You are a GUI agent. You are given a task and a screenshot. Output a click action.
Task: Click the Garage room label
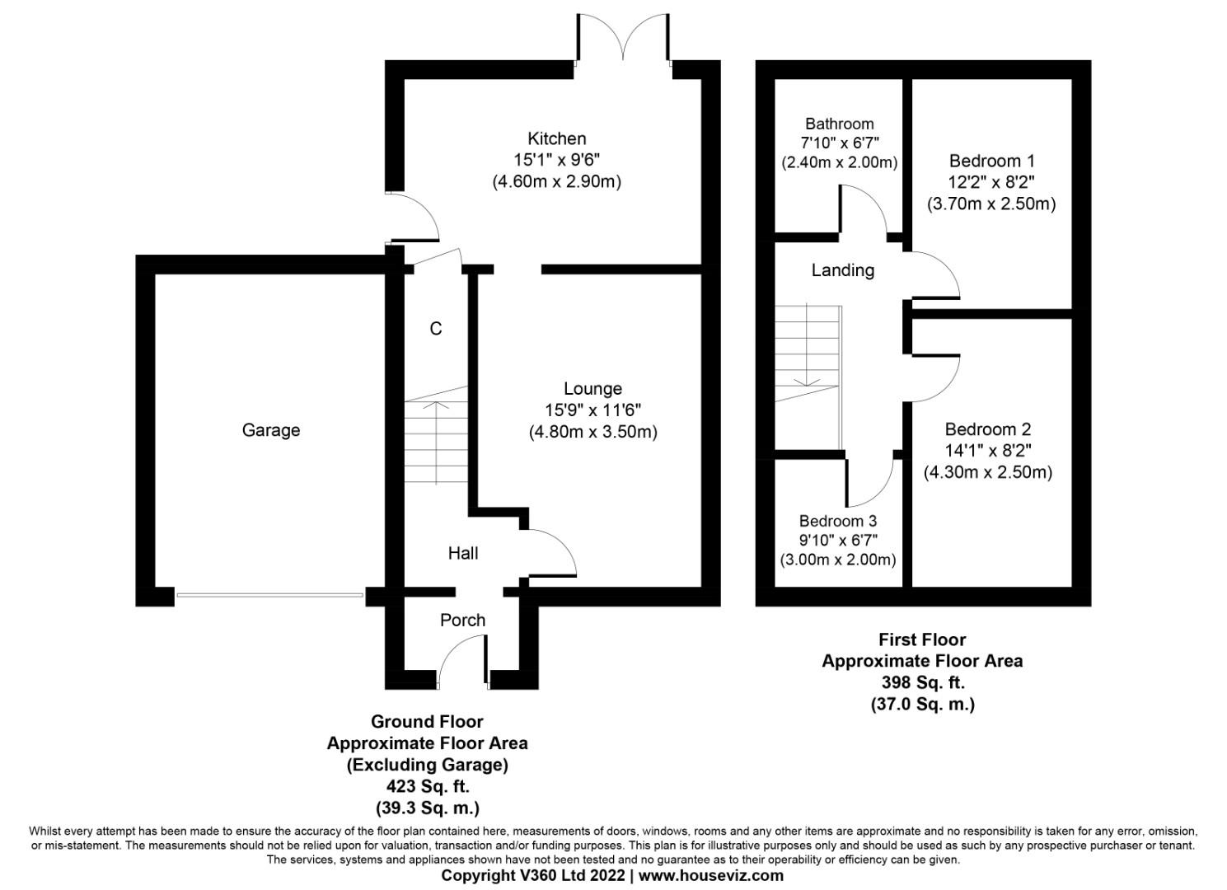coord(270,430)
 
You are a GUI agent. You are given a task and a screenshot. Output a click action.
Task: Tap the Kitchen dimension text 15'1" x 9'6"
coord(557,160)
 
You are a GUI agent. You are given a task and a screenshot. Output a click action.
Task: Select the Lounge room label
coord(592,388)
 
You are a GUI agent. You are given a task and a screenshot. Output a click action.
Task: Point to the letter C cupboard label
coord(436,329)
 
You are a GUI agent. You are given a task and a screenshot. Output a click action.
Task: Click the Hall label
coord(462,553)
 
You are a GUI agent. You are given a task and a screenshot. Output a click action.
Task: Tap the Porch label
coord(462,620)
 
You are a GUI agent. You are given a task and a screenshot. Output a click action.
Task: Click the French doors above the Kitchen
coord(623,41)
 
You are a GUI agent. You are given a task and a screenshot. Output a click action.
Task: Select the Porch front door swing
coord(461,659)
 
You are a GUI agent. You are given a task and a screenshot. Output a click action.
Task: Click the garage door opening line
coord(269,595)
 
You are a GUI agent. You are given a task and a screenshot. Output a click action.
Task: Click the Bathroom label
coord(839,124)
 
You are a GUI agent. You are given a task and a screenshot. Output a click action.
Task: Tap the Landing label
coord(842,270)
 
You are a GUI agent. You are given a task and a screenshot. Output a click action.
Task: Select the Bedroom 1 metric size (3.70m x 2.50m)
coord(990,204)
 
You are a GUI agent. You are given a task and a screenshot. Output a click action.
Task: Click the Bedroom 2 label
coord(987,429)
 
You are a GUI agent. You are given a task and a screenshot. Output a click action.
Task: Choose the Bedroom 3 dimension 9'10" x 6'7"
coord(837,540)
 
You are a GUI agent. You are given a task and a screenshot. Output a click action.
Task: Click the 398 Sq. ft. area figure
coord(922,682)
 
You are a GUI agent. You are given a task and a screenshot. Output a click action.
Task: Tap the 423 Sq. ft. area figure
coord(427,786)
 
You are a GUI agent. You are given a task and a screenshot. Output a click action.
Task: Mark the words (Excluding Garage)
coord(427,765)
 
